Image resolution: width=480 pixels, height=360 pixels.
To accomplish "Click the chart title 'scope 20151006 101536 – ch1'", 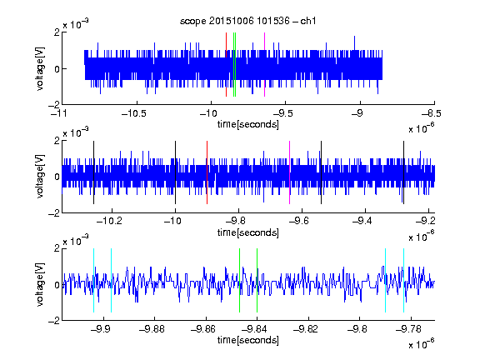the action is tap(248, 21).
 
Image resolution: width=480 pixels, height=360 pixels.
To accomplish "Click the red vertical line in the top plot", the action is tap(226, 65).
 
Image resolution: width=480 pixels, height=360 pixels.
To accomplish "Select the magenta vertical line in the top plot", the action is tap(264, 65).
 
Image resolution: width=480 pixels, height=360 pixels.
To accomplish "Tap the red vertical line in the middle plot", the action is tap(207, 172).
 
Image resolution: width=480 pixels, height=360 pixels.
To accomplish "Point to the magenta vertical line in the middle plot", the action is tap(290, 172).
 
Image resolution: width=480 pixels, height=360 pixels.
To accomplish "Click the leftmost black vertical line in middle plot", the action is tap(93, 172).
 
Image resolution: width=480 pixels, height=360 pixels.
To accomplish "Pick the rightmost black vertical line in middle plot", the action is tap(404, 172).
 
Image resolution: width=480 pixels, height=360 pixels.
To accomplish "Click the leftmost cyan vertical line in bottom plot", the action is tap(93, 280).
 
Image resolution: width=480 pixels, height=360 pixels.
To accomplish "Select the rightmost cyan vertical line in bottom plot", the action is tap(404, 280).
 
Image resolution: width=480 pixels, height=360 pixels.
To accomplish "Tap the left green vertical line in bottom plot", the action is tap(239, 280).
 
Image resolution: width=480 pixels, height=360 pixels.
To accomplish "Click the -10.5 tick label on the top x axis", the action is tap(134, 113).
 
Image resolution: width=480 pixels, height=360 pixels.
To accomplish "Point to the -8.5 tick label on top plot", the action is tap(432, 113).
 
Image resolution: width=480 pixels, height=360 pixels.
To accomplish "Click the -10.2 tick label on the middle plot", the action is tap(109, 221).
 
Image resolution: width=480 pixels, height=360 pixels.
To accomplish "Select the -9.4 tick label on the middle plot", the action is tap(362, 221).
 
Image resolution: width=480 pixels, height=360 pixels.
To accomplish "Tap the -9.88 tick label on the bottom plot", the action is tap(152, 329).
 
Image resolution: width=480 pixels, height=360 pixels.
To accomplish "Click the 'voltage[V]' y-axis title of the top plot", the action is tap(40, 68).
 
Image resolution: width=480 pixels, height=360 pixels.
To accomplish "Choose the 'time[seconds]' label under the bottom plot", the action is tap(248, 340).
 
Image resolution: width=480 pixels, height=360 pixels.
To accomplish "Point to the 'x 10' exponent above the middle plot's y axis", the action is tap(76, 132).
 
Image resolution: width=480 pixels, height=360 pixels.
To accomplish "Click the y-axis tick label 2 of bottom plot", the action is tap(57, 248).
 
